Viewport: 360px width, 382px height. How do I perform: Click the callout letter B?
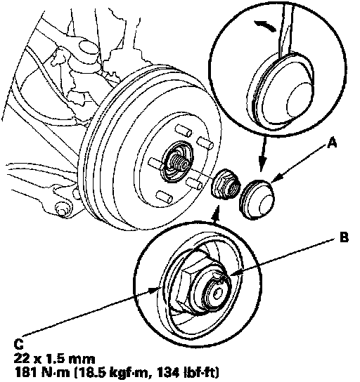344,237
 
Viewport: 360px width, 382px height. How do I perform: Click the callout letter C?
19,344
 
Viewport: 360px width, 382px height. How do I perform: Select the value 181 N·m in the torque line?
42,372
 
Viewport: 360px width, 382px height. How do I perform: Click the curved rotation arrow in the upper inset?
265,25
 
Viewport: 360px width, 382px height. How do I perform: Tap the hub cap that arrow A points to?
257,199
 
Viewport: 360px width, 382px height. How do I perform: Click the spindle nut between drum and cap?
224,184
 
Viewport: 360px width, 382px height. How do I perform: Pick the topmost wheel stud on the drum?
184,130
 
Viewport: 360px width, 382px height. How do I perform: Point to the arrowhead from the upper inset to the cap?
262,164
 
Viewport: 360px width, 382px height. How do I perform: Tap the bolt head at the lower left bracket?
61,209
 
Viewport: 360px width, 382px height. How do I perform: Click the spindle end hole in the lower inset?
217,294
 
